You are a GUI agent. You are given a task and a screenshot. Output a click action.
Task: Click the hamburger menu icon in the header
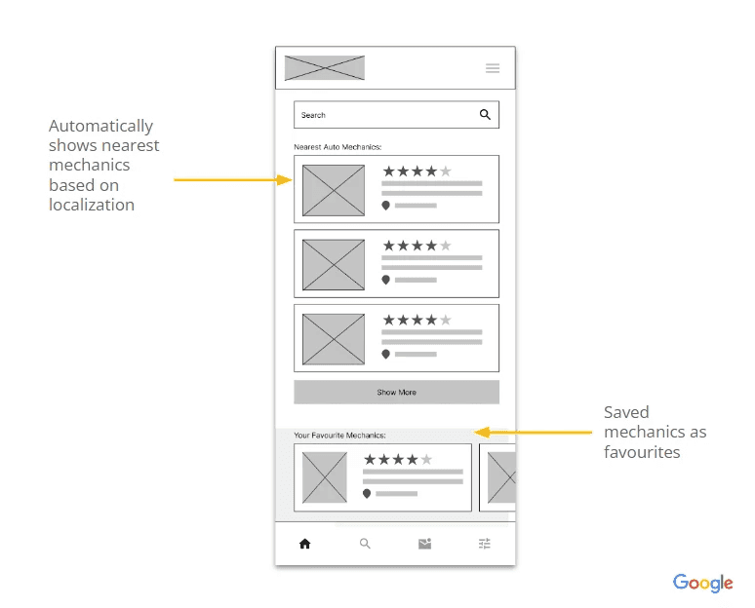493,68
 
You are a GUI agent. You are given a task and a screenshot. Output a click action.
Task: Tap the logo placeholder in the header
324,68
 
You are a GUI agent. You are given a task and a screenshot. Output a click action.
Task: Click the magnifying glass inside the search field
485,115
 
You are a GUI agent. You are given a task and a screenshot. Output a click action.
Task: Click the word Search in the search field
313,115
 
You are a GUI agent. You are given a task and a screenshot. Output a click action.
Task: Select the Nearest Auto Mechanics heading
337,146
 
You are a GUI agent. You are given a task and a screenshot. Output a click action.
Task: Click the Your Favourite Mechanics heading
339,435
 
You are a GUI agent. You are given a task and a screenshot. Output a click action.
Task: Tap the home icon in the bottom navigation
304,544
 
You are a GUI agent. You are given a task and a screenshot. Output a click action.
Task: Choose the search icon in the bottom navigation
365,544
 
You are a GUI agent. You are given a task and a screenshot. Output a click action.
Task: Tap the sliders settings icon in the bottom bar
485,544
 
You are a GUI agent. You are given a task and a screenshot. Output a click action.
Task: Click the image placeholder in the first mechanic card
334,190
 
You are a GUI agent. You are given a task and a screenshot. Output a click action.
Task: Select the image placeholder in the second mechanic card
334,264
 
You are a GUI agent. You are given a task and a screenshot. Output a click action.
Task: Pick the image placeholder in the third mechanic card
334,339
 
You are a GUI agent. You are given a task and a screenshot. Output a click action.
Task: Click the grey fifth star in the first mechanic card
446,171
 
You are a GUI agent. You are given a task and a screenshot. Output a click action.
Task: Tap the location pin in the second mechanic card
385,280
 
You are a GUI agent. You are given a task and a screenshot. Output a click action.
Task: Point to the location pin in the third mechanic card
385,354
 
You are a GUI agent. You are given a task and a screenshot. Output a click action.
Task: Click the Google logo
702,583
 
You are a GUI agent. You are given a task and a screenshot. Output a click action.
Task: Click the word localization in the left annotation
92,205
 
